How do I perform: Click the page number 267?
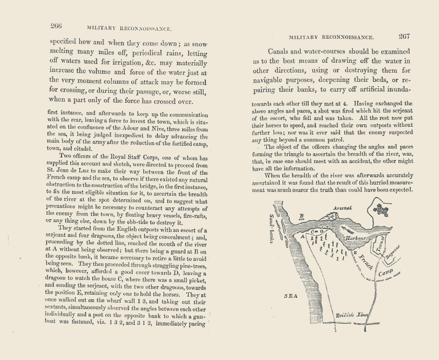tap(409, 36)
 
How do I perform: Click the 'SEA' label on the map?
tap(290, 295)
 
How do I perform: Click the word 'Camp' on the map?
tap(386, 271)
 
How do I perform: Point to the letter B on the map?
tap(301, 216)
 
